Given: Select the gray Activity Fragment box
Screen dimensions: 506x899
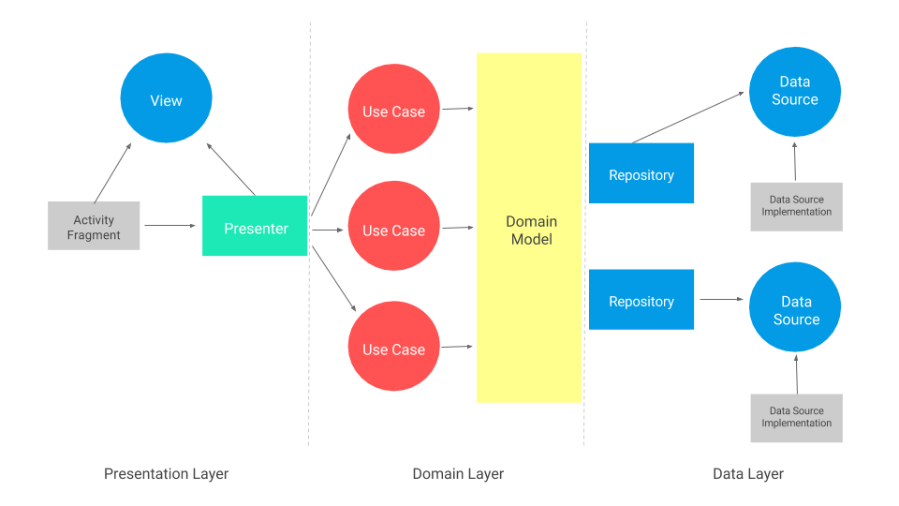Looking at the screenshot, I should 94,226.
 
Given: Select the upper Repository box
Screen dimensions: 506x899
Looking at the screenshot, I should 641,173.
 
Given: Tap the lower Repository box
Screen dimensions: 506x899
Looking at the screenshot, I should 641,300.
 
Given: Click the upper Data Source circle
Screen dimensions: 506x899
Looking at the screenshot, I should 794,91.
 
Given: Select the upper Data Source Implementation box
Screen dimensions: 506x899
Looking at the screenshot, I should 796,206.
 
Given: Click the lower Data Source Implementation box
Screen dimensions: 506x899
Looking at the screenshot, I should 796,418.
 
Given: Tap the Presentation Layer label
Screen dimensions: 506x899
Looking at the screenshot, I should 166,474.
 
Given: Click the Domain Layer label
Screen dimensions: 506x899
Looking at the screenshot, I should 458,474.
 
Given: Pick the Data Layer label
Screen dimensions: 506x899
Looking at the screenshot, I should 748,474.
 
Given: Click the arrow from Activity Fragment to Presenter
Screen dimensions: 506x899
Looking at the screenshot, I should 170,226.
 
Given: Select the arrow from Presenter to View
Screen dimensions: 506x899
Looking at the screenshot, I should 229,169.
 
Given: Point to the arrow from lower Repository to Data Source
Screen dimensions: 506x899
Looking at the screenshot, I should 721,300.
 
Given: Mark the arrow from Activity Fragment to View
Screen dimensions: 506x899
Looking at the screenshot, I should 112,172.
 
